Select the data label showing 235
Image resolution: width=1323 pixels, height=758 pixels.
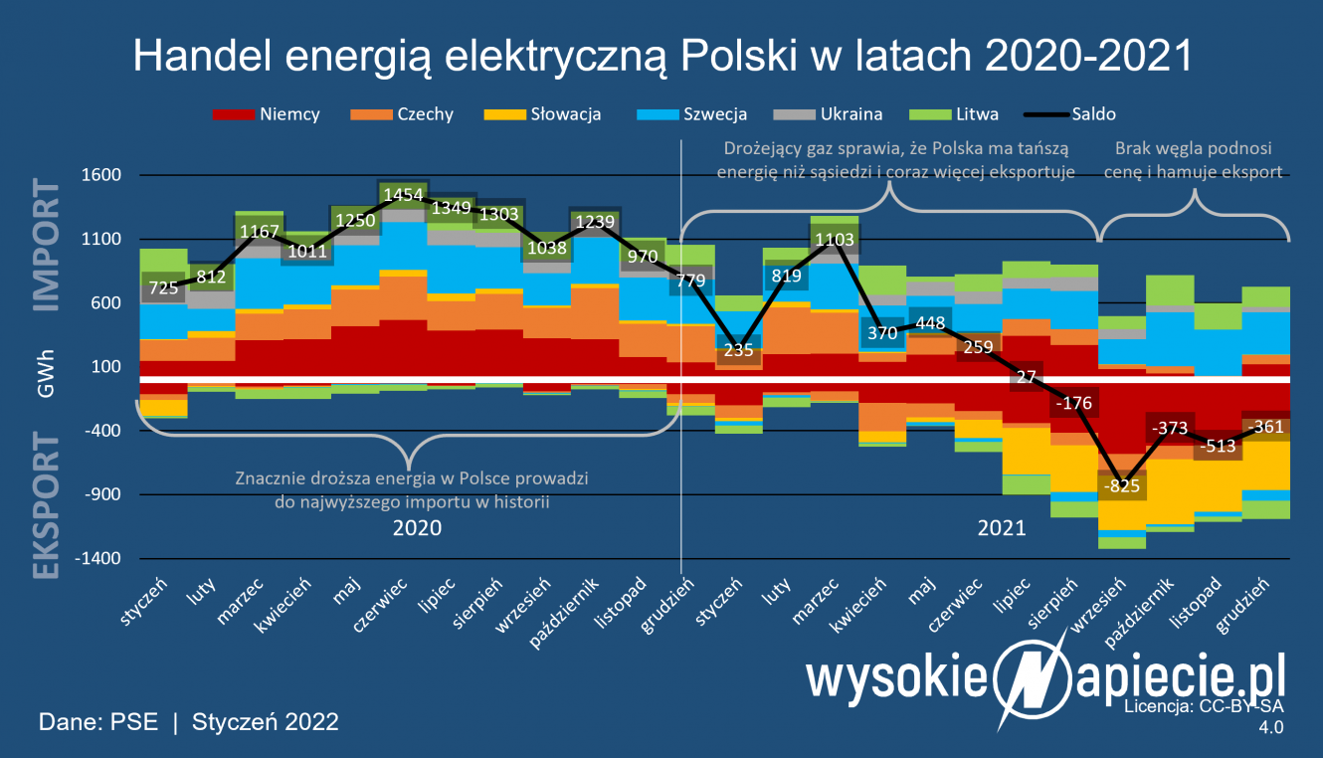point(738,350)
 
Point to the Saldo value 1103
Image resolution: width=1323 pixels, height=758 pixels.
point(834,240)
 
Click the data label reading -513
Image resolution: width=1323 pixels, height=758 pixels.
point(1220,447)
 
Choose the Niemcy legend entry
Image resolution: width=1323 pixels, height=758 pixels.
point(268,114)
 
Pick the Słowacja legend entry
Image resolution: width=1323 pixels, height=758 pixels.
point(542,114)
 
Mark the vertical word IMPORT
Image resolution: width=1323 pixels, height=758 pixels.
point(47,247)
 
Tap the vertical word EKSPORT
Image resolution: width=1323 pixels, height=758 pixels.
point(47,504)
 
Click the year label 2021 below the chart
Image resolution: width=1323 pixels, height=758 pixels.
point(1002,528)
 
